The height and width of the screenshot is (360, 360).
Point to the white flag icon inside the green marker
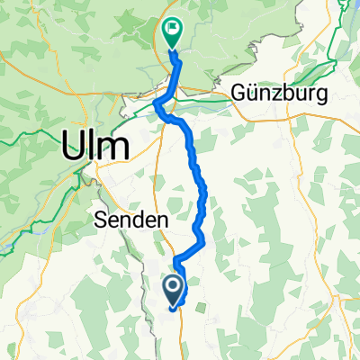point(171,29)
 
